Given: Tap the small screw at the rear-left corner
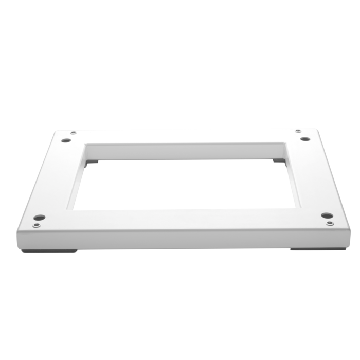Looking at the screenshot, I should (x=73, y=133).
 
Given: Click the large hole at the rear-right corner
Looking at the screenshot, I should (x=305, y=139).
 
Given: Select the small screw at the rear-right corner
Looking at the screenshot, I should (x=298, y=132).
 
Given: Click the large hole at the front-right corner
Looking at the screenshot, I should (x=325, y=215).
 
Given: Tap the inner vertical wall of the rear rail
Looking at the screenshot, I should (x=185, y=152).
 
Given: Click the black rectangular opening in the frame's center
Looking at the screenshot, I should (x=185, y=185).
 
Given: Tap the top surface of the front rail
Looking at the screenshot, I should (x=180, y=220).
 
